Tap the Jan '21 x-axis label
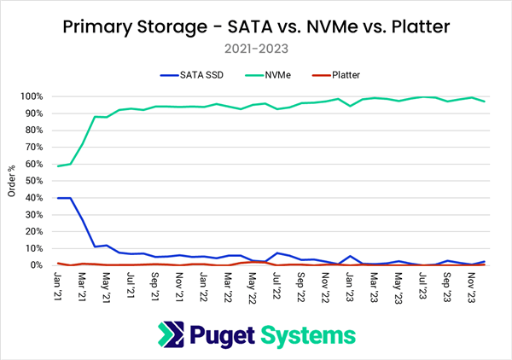pyautogui.click(x=58, y=285)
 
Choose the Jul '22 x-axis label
pyautogui.click(x=276, y=285)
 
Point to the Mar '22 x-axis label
pyautogui.click(x=227, y=285)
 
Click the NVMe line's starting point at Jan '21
pyautogui.click(x=58, y=165)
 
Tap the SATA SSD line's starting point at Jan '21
pyautogui.click(x=58, y=198)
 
